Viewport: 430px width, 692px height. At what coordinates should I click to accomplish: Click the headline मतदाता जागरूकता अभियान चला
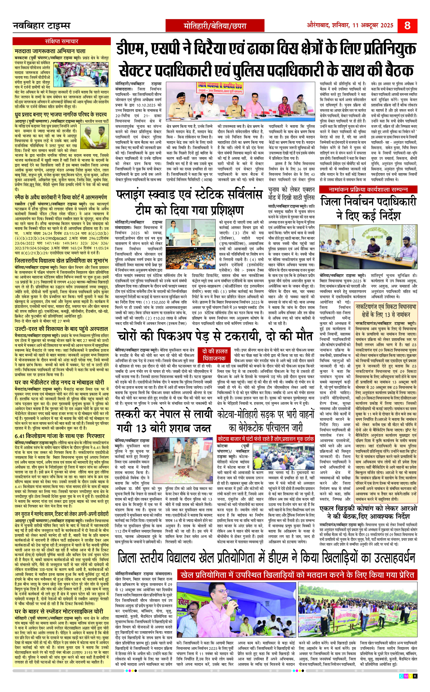50,51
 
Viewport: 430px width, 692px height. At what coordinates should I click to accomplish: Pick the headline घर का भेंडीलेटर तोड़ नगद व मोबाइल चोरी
59,382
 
